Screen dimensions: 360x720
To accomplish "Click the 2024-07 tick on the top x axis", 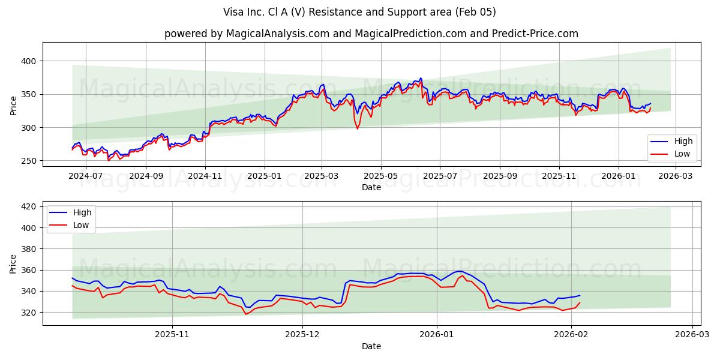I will (86, 176).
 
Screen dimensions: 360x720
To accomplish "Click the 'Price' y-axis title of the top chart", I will (13, 106).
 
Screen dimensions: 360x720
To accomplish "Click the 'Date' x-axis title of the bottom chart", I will (371, 346).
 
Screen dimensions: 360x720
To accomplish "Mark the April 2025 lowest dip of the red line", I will (358, 128).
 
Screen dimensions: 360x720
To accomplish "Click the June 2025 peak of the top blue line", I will (420, 78).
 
